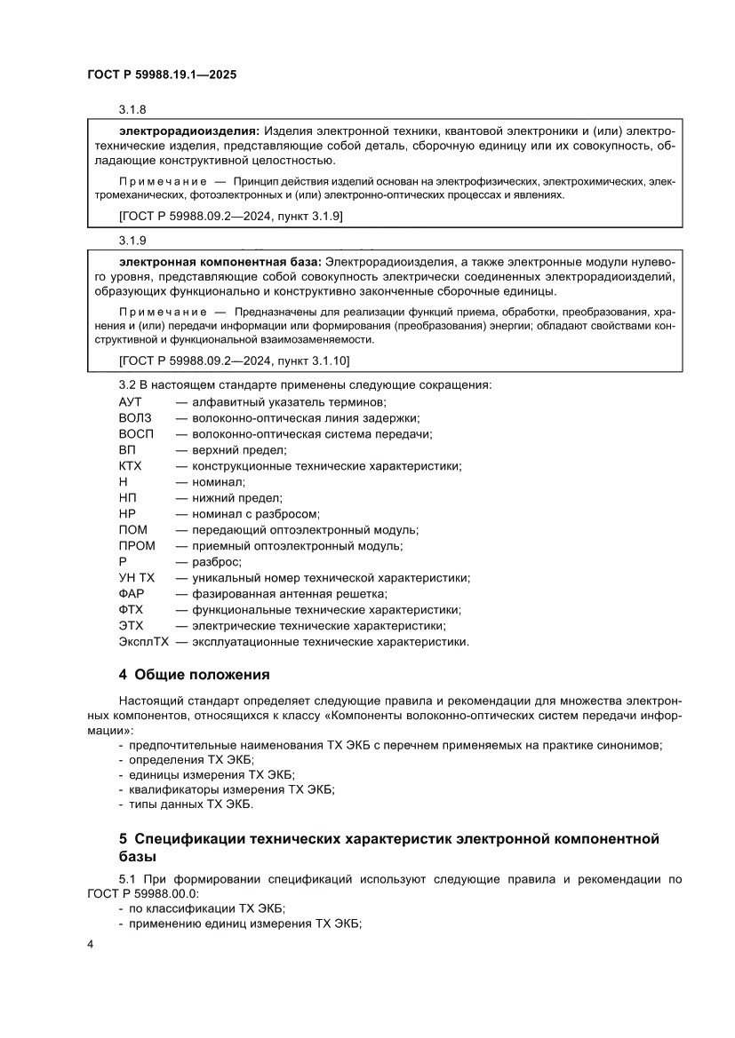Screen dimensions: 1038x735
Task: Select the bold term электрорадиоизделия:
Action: click(x=182, y=130)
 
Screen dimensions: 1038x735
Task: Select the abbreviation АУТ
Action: click(x=131, y=401)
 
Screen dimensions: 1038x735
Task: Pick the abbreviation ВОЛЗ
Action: click(x=135, y=417)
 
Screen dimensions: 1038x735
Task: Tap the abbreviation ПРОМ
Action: click(x=137, y=545)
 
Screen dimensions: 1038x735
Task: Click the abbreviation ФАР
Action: click(x=131, y=593)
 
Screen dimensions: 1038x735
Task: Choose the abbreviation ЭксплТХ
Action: click(x=144, y=641)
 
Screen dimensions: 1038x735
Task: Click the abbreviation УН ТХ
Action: click(x=136, y=577)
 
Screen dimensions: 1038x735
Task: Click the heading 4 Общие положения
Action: click(x=194, y=674)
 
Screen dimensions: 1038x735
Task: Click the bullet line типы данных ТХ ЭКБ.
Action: click(x=191, y=804)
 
